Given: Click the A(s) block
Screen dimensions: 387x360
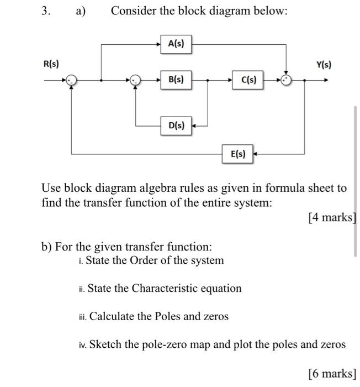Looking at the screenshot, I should [176, 44].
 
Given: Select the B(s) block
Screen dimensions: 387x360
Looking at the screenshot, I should [176, 80].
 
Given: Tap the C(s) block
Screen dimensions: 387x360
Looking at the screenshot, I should [248, 80].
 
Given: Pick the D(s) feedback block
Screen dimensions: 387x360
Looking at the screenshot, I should [176, 125].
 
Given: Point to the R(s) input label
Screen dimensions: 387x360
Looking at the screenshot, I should [52, 65].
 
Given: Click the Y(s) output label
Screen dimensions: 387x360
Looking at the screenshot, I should [324, 65].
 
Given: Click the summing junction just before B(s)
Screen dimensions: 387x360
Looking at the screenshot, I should [136, 81].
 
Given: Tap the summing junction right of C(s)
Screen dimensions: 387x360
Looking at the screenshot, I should [285, 81].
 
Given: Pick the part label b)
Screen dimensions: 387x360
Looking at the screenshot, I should [47, 246].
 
